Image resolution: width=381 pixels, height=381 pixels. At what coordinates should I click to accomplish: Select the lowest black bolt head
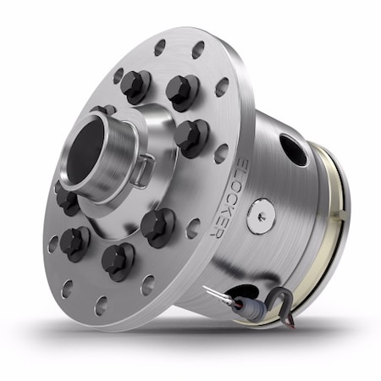118,257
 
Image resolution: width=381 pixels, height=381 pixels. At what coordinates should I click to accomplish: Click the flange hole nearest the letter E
222,153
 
